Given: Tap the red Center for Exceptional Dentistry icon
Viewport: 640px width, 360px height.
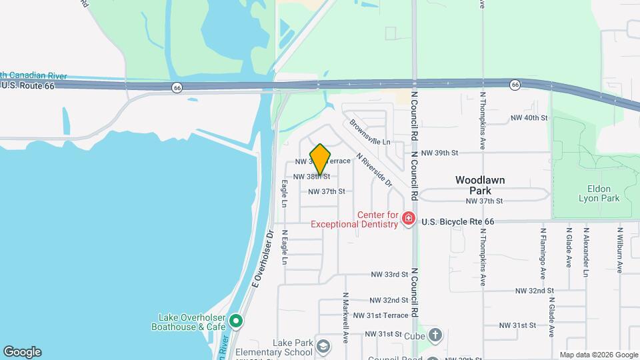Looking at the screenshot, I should tap(409, 219).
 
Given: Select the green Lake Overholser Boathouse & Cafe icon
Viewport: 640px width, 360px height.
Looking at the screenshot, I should tap(235, 322).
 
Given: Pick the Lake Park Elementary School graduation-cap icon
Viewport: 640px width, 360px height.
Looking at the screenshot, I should tap(323, 346).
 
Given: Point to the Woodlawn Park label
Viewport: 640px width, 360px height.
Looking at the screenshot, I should tap(480, 185).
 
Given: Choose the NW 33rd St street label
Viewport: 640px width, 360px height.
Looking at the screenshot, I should tap(389, 275).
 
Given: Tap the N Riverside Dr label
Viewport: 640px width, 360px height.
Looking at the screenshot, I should tap(374, 169).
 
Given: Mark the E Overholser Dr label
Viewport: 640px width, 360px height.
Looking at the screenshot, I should tap(263, 259).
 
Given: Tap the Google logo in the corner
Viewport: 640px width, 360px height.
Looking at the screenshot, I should tap(22, 352).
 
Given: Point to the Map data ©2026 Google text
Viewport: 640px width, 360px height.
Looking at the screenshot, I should tap(598, 355).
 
